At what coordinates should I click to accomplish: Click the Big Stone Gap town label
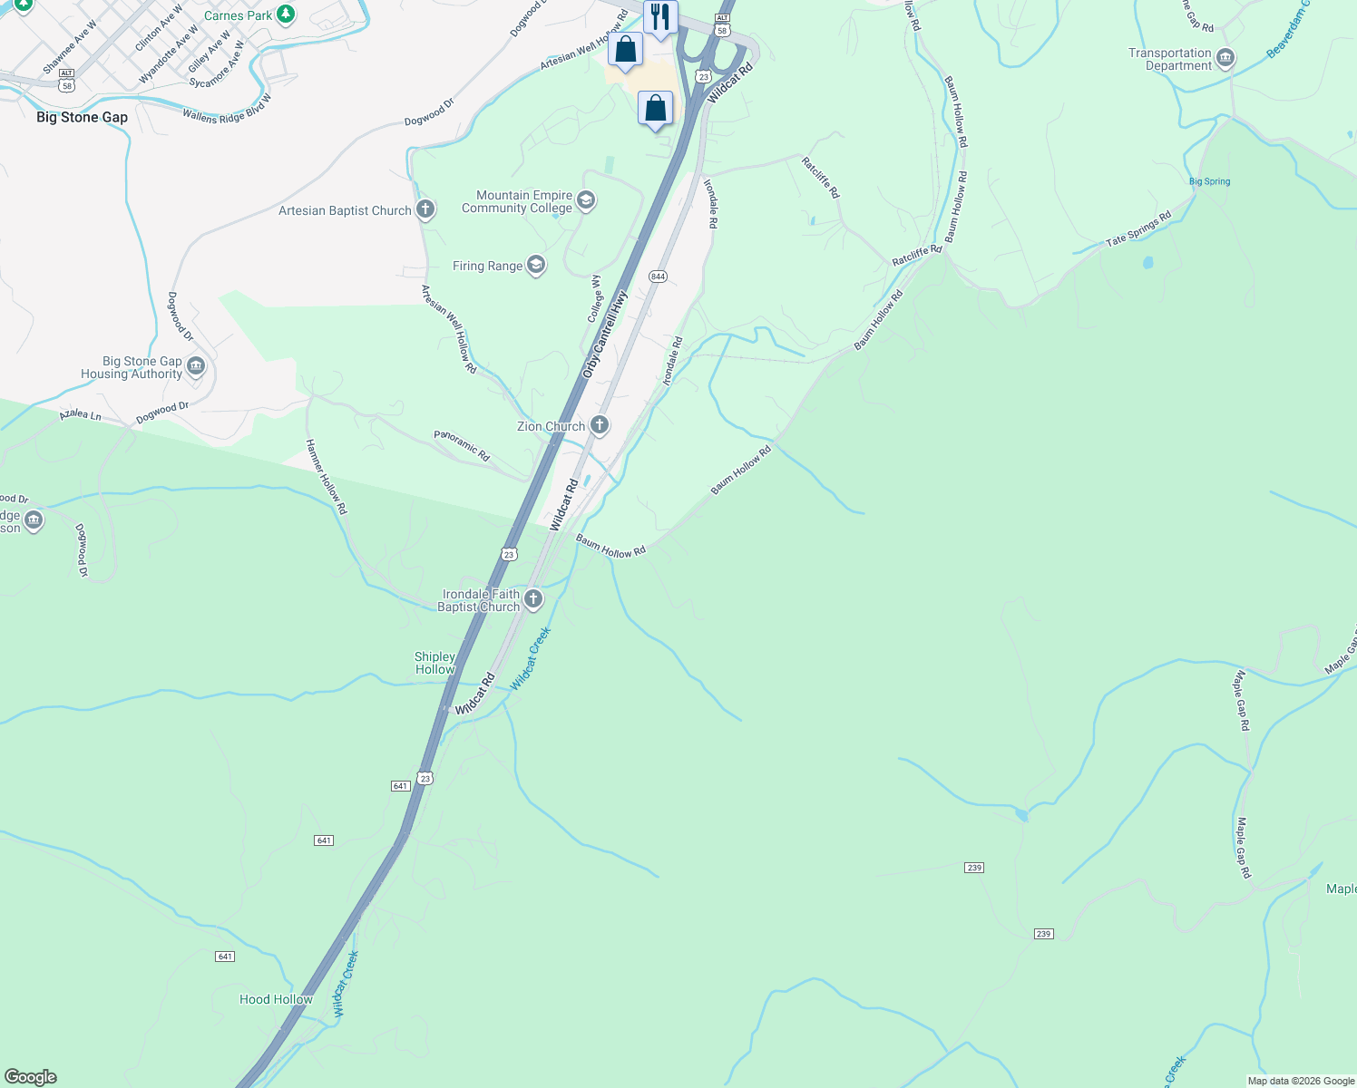point(82,117)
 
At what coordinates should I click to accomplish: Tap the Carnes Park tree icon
point(286,15)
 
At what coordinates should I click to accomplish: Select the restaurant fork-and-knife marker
point(660,17)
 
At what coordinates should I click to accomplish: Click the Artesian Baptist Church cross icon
point(425,210)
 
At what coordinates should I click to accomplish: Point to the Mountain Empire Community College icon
point(585,200)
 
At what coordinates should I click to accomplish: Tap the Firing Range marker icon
point(536,266)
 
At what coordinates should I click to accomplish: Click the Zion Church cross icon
point(599,424)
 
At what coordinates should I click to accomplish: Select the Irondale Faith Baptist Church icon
point(533,598)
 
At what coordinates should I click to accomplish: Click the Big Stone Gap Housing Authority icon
point(196,367)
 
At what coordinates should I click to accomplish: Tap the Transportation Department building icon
point(1225,60)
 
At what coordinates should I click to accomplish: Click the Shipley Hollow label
point(434,663)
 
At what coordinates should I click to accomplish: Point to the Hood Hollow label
point(276,999)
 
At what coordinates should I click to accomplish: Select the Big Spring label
point(1210,181)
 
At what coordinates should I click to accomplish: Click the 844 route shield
point(658,277)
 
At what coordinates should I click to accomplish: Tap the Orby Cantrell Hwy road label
point(605,335)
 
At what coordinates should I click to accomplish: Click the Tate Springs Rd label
point(1138,229)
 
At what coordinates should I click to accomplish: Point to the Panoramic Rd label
point(462,446)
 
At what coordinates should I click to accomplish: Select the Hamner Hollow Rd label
point(326,477)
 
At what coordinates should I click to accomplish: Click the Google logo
point(30,1077)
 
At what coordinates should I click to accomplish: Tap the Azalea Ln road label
point(80,414)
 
